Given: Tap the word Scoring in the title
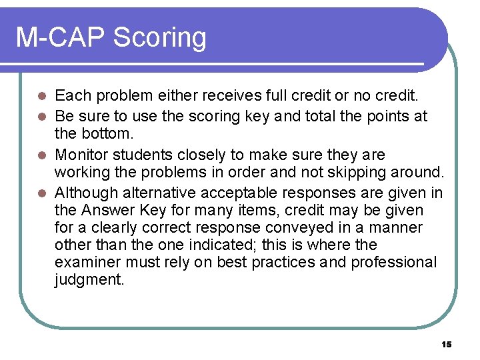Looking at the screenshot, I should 159,39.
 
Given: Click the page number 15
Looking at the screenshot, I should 446,344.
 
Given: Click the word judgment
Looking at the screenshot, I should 89,280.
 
